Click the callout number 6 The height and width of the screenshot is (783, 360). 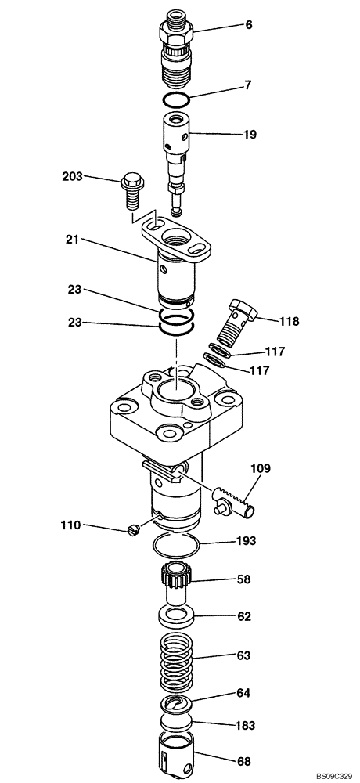(249, 25)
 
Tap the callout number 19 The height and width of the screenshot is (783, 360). (249, 135)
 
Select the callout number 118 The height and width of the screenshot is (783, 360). (289, 320)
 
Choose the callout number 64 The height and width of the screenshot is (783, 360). (245, 692)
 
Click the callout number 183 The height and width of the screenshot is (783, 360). (245, 726)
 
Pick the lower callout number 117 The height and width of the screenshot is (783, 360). (261, 370)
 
